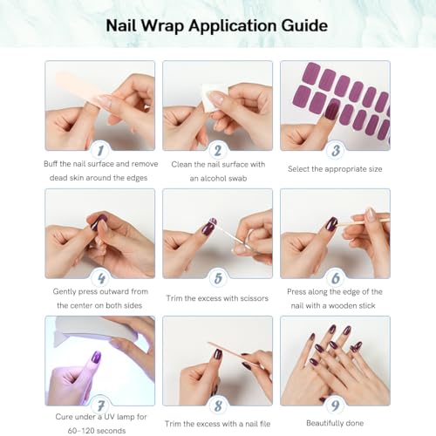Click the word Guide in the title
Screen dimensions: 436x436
304,26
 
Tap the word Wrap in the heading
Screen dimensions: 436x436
163,26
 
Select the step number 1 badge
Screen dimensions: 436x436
100,150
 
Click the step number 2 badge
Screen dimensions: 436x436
218,150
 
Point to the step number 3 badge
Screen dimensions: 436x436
336,150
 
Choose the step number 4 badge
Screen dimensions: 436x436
100,278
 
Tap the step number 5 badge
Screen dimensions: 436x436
218,278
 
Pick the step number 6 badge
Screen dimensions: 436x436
336,278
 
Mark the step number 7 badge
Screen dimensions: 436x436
100,405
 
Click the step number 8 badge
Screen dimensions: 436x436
218,405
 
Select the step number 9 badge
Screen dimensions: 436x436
336,405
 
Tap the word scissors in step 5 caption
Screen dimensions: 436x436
252,298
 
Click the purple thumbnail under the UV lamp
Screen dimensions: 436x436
96,357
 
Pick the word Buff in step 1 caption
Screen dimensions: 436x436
51,164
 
